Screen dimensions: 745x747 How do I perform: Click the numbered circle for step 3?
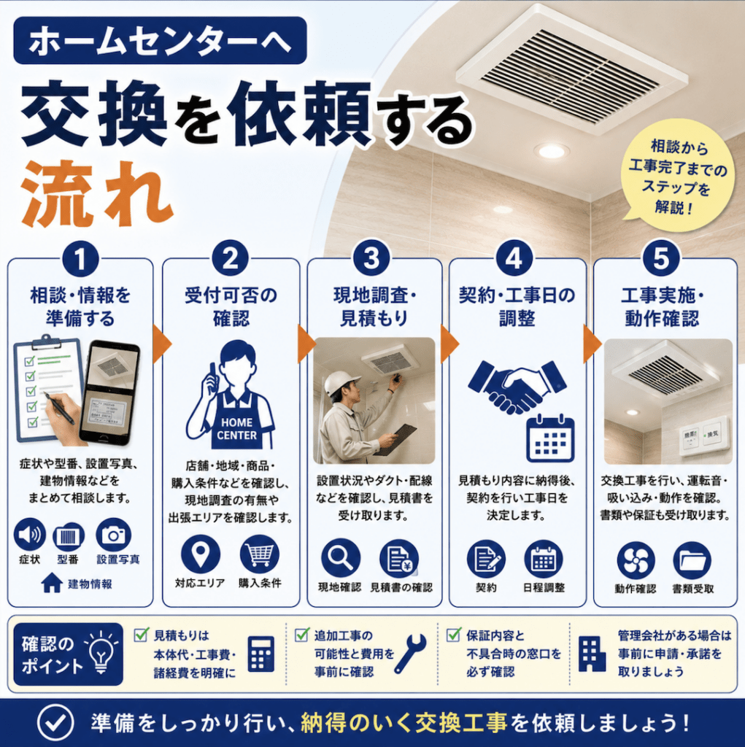point(371,258)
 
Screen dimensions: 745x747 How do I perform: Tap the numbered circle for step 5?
point(661,258)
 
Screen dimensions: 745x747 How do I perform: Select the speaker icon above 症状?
point(30,535)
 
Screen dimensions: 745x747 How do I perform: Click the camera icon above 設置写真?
point(113,535)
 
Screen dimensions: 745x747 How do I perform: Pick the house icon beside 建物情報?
point(52,583)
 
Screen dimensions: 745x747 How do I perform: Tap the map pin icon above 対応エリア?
point(201,554)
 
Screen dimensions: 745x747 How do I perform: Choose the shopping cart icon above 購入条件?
point(260,554)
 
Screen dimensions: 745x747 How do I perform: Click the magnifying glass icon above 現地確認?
point(340,558)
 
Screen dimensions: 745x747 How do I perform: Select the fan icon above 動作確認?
point(636,560)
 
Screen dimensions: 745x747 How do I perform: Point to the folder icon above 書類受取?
point(692,560)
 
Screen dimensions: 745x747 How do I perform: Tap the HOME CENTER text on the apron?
point(236,429)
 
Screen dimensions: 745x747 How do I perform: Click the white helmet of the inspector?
point(338,382)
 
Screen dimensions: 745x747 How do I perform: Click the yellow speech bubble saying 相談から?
point(676,175)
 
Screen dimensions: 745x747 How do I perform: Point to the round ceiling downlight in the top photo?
point(552,151)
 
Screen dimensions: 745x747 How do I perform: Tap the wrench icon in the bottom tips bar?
point(410,654)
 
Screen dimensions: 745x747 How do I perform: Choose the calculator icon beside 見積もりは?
point(261,654)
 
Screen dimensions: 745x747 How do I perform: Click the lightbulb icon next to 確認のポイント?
point(101,651)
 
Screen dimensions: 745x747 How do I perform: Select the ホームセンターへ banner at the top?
point(160,41)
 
